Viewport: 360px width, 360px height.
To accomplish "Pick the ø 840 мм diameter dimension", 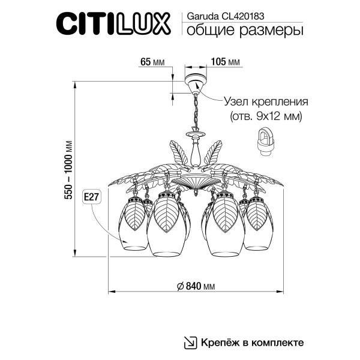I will click(x=196, y=286).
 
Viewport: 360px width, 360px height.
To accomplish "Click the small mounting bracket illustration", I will click(x=265, y=145).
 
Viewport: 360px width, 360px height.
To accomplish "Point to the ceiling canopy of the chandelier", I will click(x=194, y=84).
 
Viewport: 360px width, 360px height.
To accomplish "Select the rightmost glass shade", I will click(x=257, y=225).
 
